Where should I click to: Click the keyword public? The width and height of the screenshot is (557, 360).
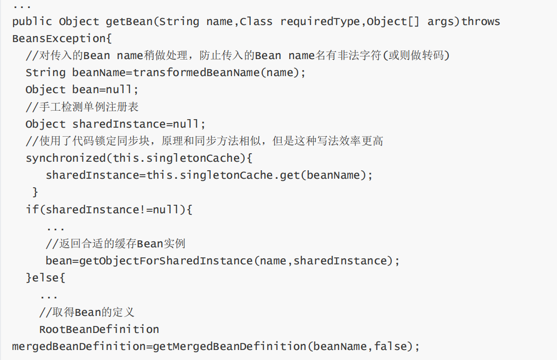tap(32, 22)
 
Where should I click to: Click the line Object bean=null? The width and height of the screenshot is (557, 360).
tap(82, 90)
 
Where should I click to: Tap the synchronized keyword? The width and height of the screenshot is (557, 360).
tap(65, 158)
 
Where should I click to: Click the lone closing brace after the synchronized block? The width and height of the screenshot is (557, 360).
tap(35, 192)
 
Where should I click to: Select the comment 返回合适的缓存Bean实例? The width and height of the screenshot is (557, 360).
tap(116, 244)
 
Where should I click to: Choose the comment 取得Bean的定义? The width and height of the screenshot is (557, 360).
tap(87, 312)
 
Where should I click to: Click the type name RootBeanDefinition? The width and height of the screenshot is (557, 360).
tap(99, 329)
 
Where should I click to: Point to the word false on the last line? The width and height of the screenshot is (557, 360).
tap(391, 346)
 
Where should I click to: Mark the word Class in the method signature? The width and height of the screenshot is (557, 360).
tap(256, 22)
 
